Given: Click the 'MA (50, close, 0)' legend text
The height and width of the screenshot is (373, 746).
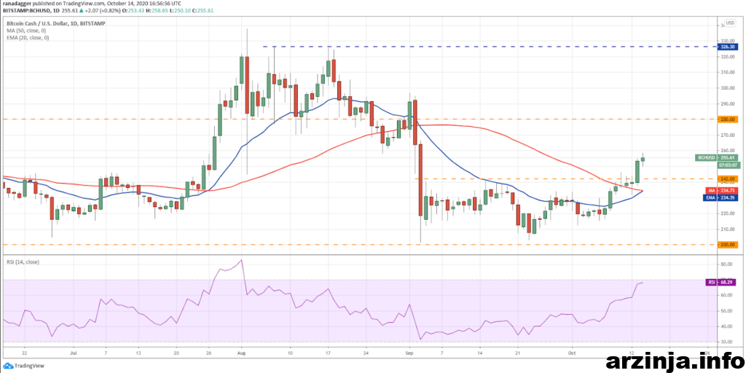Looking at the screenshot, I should click(25, 31).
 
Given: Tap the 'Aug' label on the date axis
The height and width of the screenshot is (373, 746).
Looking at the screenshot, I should click(241, 350).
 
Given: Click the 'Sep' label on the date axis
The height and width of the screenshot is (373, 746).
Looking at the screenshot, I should click(410, 350).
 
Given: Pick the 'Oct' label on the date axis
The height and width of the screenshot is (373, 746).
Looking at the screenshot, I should click(572, 350).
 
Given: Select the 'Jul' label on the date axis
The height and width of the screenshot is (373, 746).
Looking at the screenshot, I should click(73, 350).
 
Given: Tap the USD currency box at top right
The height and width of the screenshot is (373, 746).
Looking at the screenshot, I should click(730, 23).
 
